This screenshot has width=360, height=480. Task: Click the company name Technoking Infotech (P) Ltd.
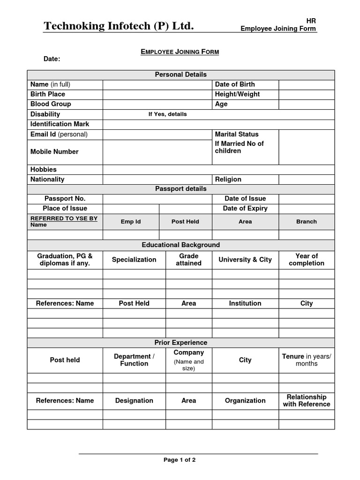[119, 26]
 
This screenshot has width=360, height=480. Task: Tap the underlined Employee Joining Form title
[180, 52]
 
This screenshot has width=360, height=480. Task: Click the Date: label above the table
[52, 59]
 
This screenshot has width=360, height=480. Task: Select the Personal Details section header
[180, 75]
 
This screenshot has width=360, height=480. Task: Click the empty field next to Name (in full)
[157, 84]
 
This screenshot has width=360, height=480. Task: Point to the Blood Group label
[51, 104]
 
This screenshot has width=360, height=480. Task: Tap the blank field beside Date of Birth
[307, 84]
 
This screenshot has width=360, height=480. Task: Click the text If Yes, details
[167, 114]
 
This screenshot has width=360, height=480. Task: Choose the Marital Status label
[237, 134]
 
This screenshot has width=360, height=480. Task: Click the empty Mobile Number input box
[157, 152]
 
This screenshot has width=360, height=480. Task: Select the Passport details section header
[180, 189]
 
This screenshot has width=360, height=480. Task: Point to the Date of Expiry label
[245, 209]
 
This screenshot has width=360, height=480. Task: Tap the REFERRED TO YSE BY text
[64, 218]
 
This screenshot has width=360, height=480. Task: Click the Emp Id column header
[131, 222]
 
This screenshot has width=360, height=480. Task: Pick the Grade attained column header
[188, 260]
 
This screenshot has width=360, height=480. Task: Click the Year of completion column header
[307, 260]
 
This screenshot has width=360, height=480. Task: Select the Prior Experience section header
[180, 343]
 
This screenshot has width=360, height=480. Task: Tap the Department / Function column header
[134, 360]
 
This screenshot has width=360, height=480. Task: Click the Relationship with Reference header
[307, 400]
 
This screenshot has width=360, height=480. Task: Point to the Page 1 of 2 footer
[180, 460]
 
